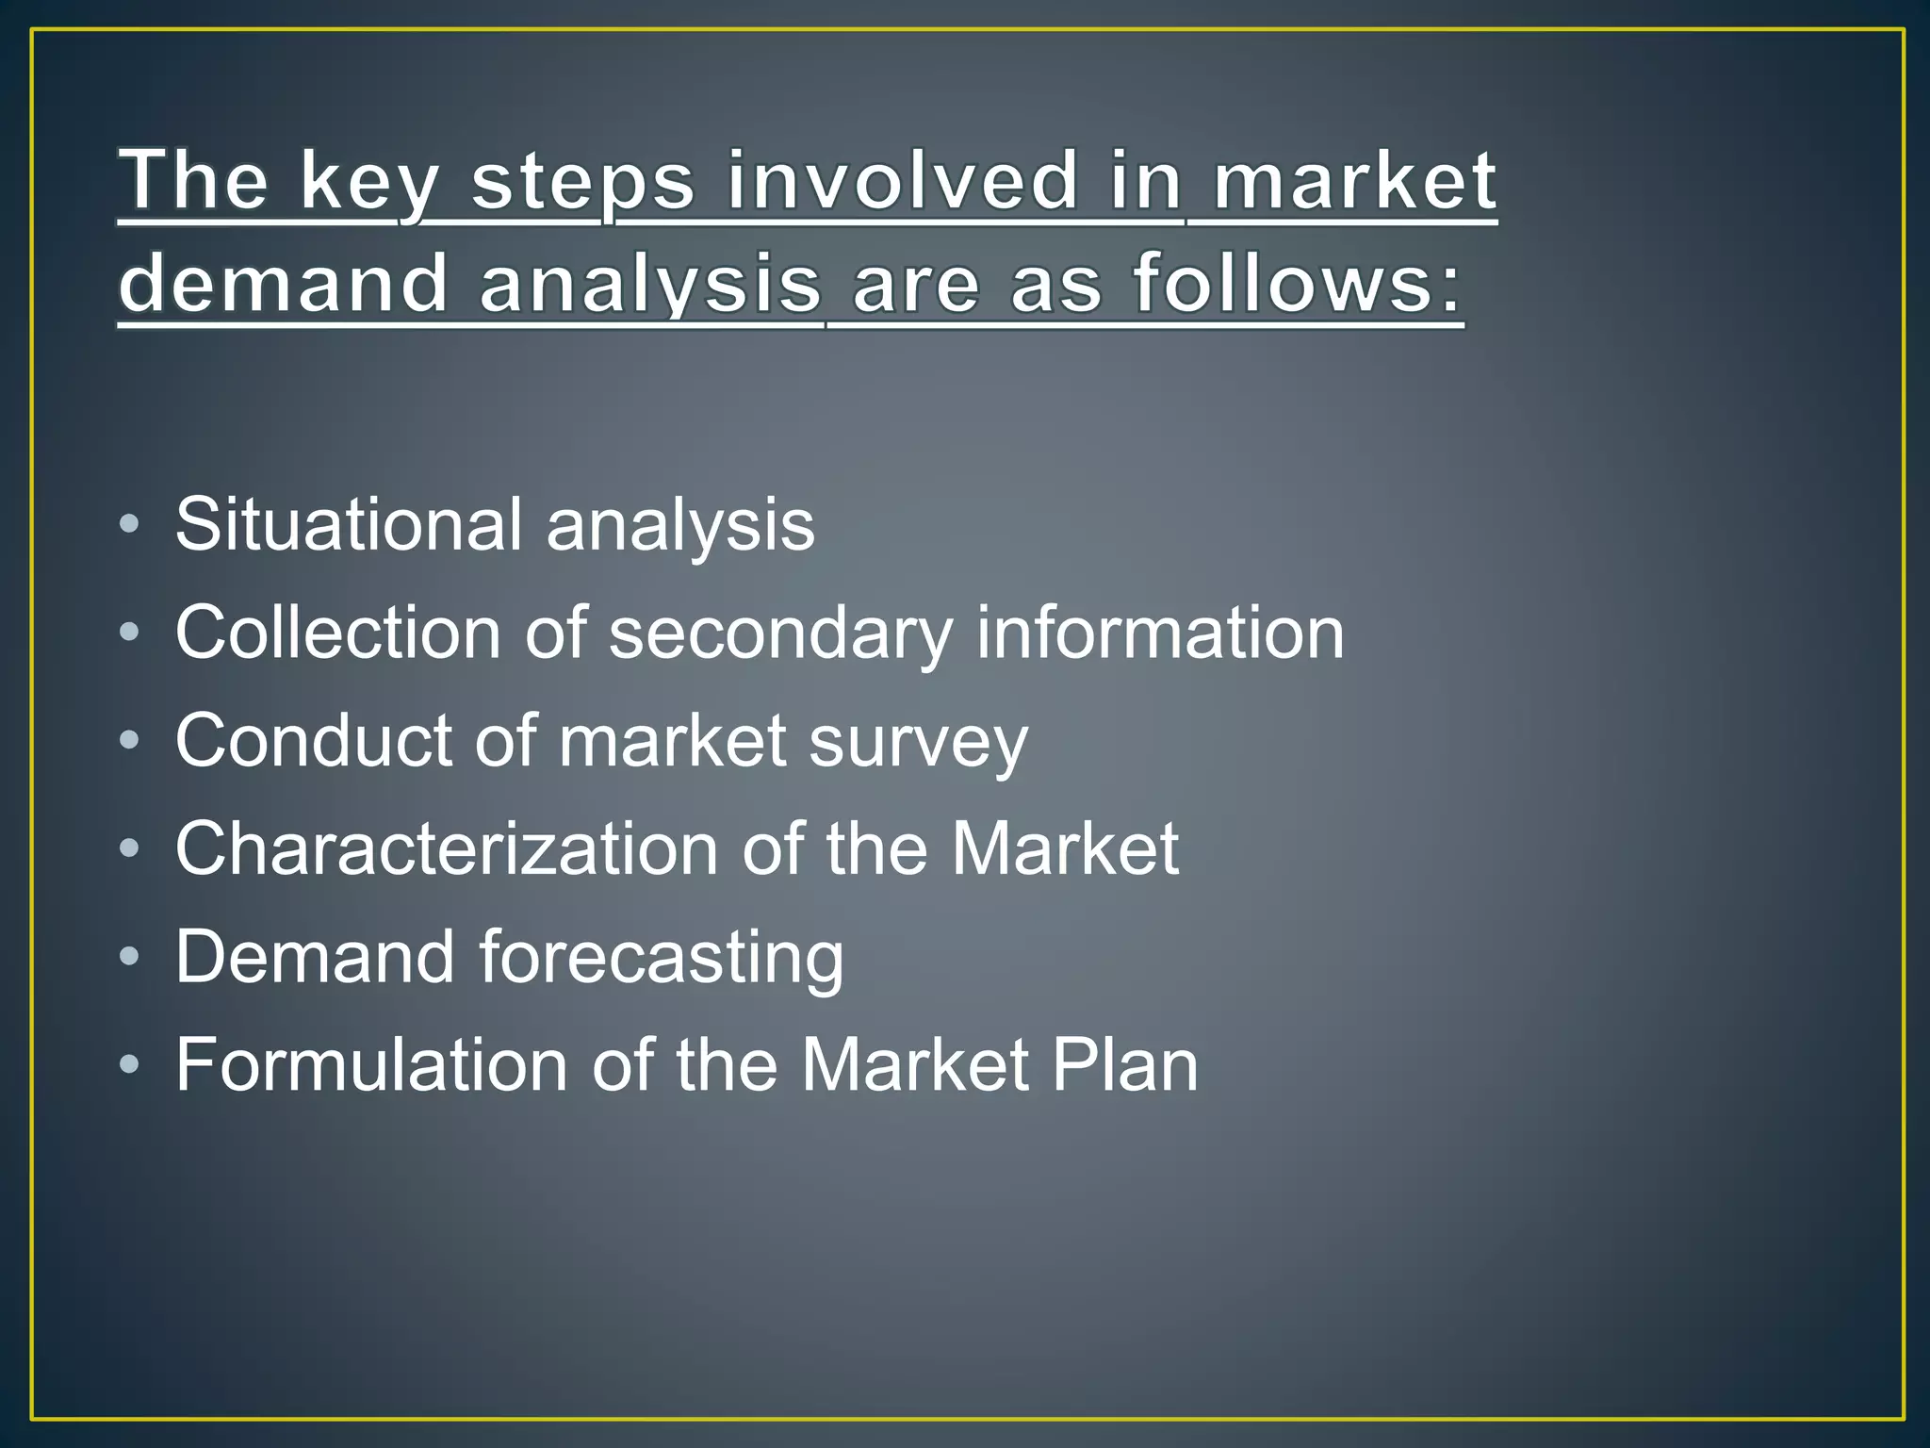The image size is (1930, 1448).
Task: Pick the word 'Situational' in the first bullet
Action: [x=348, y=524]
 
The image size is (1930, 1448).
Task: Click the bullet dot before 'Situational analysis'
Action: [x=130, y=524]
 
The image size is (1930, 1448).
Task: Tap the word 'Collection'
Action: [x=337, y=633]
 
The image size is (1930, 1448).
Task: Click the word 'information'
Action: [x=1159, y=633]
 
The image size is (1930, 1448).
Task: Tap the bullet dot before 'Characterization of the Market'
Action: [x=130, y=848]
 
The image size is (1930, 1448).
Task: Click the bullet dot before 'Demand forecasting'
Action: [x=130, y=957]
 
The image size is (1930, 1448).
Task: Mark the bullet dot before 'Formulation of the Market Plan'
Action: [x=130, y=1065]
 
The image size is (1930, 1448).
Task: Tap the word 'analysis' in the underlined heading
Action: [x=650, y=285]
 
